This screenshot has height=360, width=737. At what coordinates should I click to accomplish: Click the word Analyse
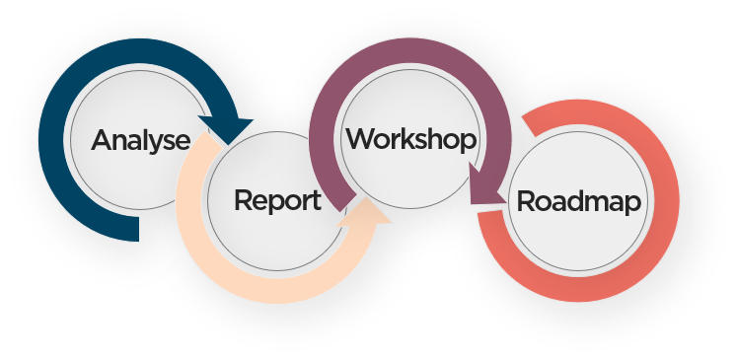(141, 140)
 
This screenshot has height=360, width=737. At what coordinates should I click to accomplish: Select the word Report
(278, 200)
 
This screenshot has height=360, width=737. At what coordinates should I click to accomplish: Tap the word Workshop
(411, 139)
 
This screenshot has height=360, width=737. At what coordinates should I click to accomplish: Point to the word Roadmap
(578, 202)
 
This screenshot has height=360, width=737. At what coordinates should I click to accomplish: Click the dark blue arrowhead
(227, 129)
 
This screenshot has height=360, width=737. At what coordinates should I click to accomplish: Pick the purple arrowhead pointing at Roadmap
(484, 185)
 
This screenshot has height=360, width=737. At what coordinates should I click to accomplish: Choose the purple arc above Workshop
(409, 50)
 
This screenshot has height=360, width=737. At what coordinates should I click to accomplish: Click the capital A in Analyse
(103, 140)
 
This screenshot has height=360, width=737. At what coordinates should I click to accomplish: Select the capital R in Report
(243, 200)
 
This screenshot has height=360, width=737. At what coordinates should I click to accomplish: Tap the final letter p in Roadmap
(634, 205)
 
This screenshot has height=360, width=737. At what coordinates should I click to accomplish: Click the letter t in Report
(317, 201)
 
